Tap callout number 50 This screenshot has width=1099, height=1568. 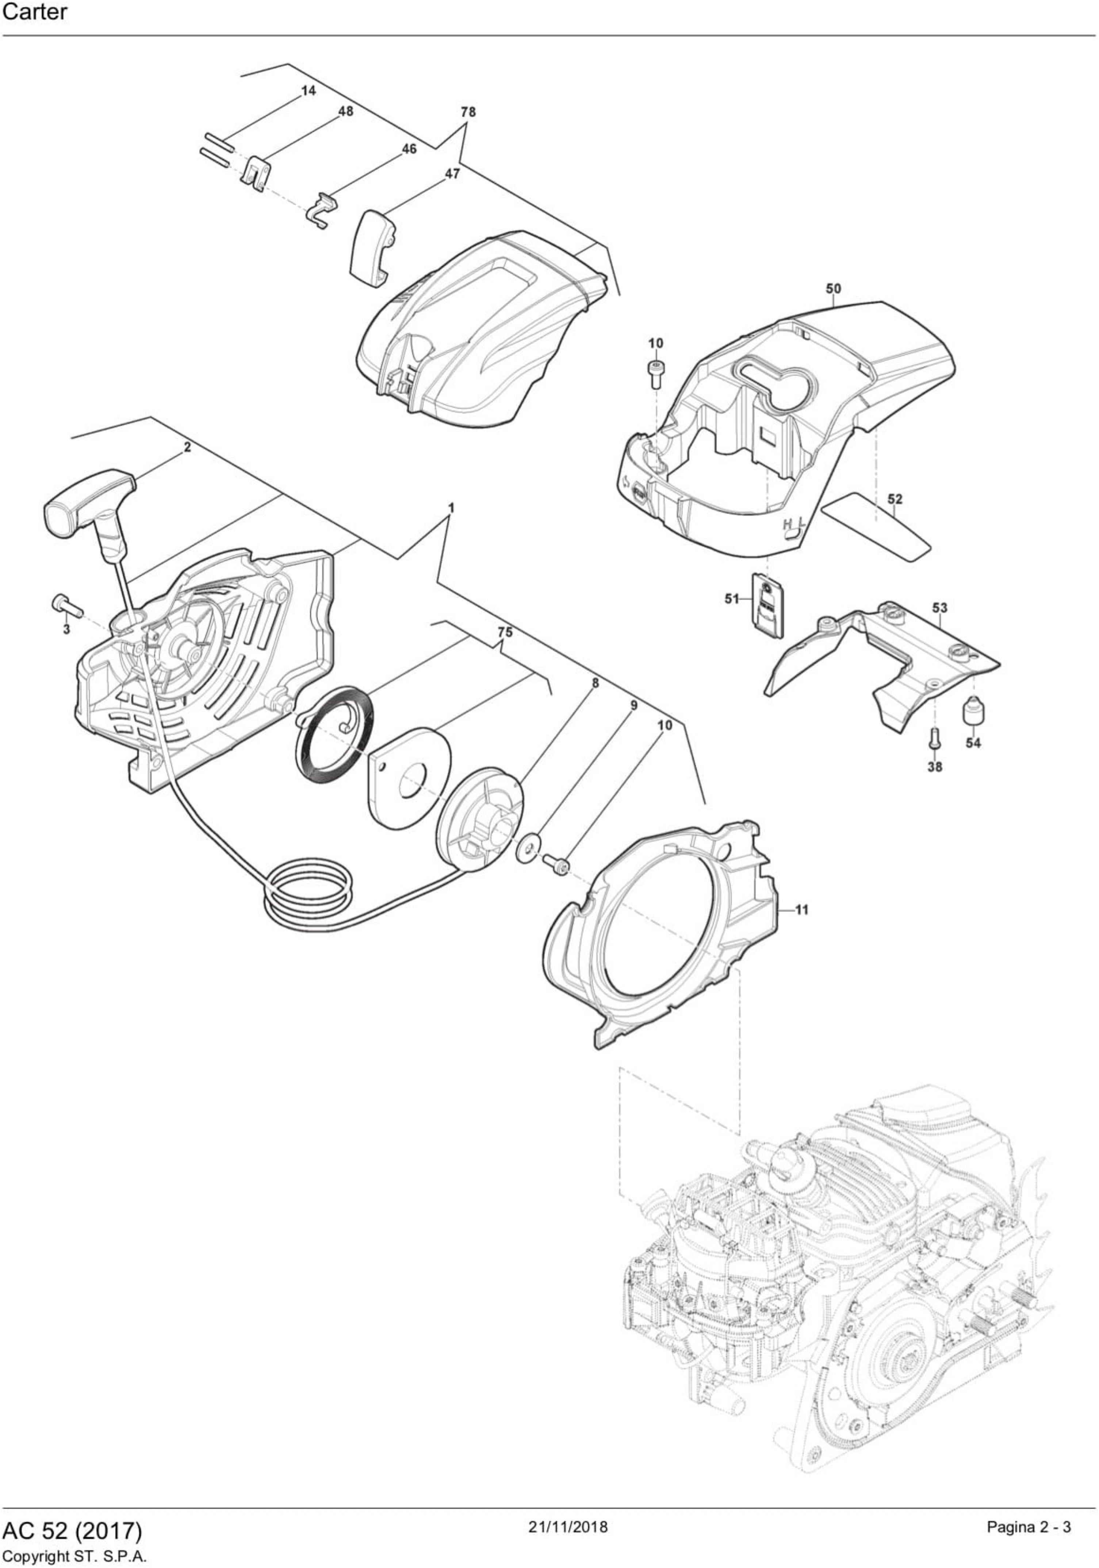click(x=833, y=288)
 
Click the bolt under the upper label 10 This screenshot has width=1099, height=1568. click(x=654, y=373)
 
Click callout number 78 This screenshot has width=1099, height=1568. click(x=468, y=111)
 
